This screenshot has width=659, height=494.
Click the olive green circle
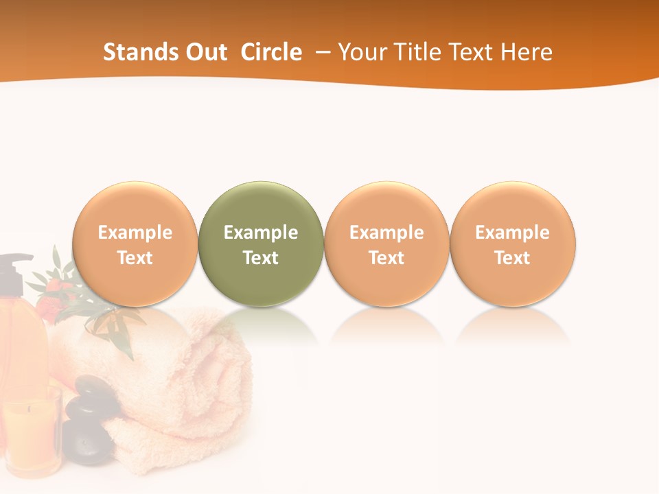point(261,206)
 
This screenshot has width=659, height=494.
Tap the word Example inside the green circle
point(261,233)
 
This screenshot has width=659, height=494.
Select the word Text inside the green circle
point(261,258)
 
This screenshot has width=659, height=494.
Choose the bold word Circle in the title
point(271,52)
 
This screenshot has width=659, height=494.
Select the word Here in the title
point(527,52)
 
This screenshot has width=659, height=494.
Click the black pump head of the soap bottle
point(15,264)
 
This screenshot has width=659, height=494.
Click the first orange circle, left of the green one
point(135,206)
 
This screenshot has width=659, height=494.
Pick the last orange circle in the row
point(513,206)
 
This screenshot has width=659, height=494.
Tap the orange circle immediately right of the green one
point(386,206)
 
